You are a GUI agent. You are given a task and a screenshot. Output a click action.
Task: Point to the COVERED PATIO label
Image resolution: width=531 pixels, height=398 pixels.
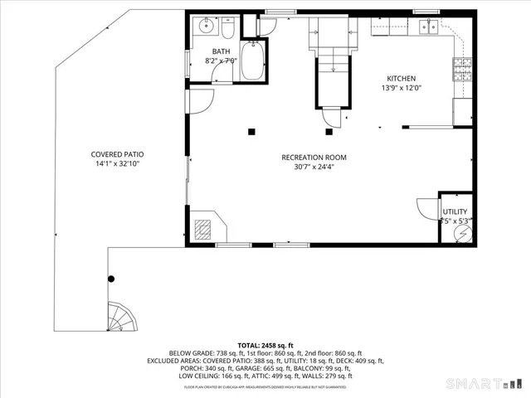[x=123, y=154]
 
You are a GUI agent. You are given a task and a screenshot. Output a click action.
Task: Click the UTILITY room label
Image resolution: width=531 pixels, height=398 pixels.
[x=454, y=212]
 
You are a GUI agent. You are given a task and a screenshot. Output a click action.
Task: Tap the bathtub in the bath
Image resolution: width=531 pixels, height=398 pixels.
[x=252, y=61]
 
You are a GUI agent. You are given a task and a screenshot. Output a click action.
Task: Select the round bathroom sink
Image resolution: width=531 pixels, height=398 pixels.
[x=205, y=28]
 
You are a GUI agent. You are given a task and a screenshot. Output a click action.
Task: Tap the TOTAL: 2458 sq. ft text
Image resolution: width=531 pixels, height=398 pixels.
[x=265, y=344]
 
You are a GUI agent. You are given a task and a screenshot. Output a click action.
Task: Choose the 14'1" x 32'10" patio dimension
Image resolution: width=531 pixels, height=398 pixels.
[x=123, y=163]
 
